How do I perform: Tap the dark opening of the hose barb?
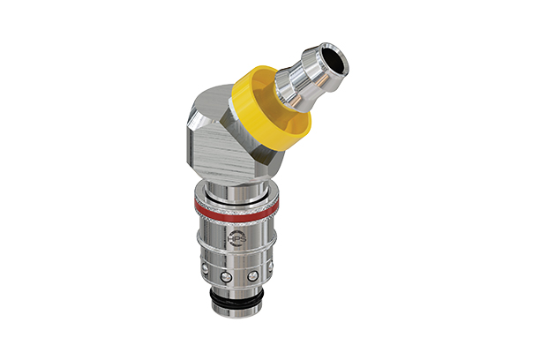pos(336,61)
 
